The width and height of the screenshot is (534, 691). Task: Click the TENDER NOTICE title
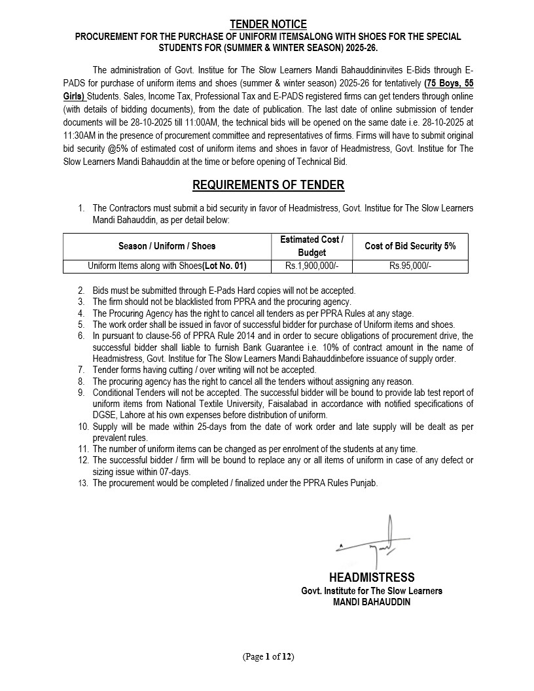pos(268,25)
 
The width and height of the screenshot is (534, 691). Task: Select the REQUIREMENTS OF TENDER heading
pos(268,185)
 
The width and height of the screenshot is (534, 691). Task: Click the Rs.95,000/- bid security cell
pos(410,266)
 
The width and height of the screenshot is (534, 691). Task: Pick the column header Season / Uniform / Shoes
pos(167,246)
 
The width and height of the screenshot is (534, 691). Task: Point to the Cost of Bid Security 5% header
pos(410,246)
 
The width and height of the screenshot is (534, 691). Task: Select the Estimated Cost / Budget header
pos(311,246)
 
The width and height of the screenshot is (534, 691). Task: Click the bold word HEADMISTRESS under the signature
pos(371,577)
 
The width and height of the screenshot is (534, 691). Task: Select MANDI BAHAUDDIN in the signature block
pos(371,602)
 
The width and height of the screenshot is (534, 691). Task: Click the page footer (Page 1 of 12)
pos(268,656)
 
